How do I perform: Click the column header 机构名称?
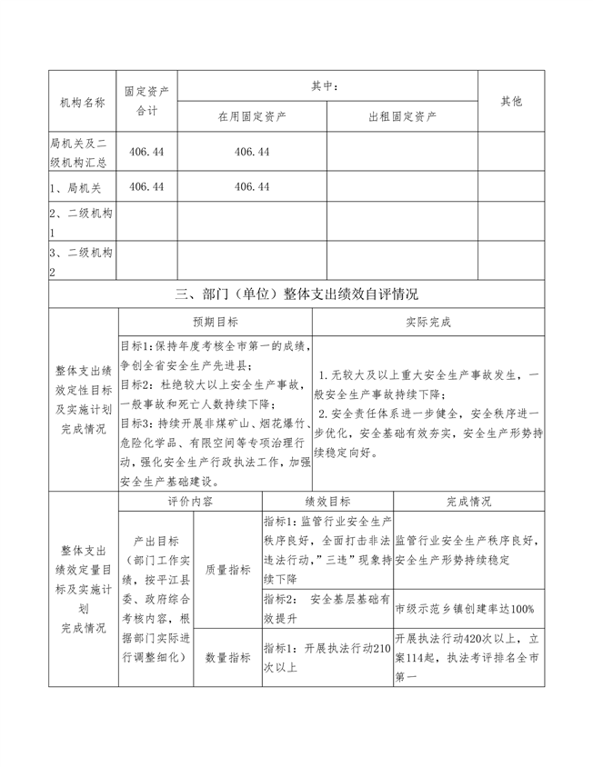pyautogui.click(x=82, y=102)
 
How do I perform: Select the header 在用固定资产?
pyautogui.click(x=252, y=117)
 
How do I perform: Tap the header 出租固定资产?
pyautogui.click(x=403, y=117)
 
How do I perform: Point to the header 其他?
pyautogui.click(x=512, y=102)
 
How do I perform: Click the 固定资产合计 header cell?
pyautogui.click(x=147, y=102)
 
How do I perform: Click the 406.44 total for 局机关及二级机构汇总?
pyautogui.click(x=147, y=153)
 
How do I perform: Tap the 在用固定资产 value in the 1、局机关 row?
pyautogui.click(x=252, y=186)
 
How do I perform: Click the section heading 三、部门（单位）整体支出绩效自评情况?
pyautogui.click(x=296, y=294)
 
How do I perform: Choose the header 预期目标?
pyautogui.click(x=216, y=323)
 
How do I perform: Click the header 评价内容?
pyautogui.click(x=190, y=501)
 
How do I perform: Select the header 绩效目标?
pyautogui.click(x=328, y=501)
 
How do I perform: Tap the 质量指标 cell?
pyautogui.click(x=228, y=570)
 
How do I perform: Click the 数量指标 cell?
pyautogui.click(x=228, y=657)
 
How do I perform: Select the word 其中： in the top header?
pyautogui.click(x=327, y=86)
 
